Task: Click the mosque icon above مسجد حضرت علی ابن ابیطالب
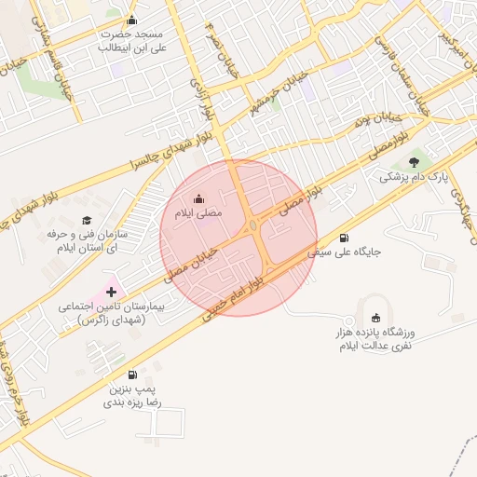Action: (x=131, y=20)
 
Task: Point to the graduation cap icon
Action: (x=87, y=221)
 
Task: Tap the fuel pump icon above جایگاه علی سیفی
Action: (x=345, y=237)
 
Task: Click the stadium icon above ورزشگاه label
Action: (x=375, y=318)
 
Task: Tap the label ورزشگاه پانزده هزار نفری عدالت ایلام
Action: (x=376, y=338)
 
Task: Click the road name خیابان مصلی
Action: (x=191, y=265)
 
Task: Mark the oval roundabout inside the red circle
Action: (x=253, y=225)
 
